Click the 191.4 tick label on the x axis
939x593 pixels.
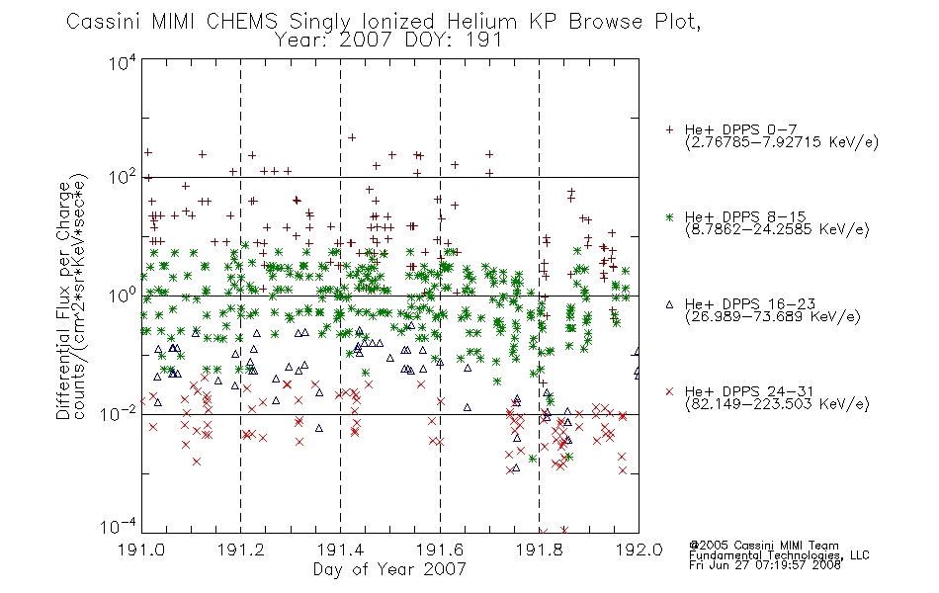coord(340,550)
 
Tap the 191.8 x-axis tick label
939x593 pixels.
coord(539,550)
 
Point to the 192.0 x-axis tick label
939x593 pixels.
coord(639,550)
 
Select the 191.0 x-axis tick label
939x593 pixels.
coord(141,550)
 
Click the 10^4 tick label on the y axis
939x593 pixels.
coord(124,62)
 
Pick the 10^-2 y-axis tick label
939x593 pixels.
coord(119,413)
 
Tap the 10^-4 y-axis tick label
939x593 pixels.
coord(119,527)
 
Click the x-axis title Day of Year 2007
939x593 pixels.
coord(389,569)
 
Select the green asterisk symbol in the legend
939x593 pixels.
coord(669,216)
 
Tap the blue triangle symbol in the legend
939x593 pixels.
coord(669,304)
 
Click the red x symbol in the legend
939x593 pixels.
coord(669,391)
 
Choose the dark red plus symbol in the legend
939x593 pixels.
coord(669,129)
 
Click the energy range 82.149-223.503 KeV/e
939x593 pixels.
coord(777,404)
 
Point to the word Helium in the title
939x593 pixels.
coord(481,22)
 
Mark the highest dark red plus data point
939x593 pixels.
coord(352,137)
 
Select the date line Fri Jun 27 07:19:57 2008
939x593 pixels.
coord(765,565)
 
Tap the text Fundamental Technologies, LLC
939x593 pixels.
coord(779,555)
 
